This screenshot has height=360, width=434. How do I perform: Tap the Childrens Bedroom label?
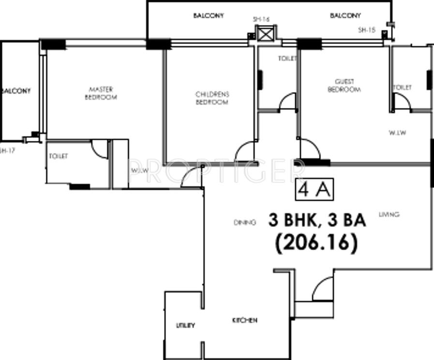click(211, 98)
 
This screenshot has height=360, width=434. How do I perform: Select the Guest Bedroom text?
click(344, 86)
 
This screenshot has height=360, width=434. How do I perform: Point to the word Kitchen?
click(244, 320)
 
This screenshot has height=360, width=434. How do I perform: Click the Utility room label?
click(185, 325)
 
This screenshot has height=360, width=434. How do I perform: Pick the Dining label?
click(244, 223)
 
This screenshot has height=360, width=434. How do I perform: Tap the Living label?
click(389, 214)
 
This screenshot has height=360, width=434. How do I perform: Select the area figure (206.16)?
click(316, 243)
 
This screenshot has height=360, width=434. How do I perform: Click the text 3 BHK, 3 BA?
click(317, 221)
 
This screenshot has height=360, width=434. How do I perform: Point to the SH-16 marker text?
click(261, 19)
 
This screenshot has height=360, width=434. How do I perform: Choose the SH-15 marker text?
click(366, 30)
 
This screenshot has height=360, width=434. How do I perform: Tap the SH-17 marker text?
click(8, 150)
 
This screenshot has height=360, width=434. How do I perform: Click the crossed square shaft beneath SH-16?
click(265, 35)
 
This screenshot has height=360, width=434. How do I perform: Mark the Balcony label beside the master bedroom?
click(15, 91)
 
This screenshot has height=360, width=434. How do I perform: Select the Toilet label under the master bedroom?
click(58, 156)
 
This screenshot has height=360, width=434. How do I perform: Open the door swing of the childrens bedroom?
click(245, 151)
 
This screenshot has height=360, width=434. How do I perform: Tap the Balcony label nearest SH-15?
click(345, 15)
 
